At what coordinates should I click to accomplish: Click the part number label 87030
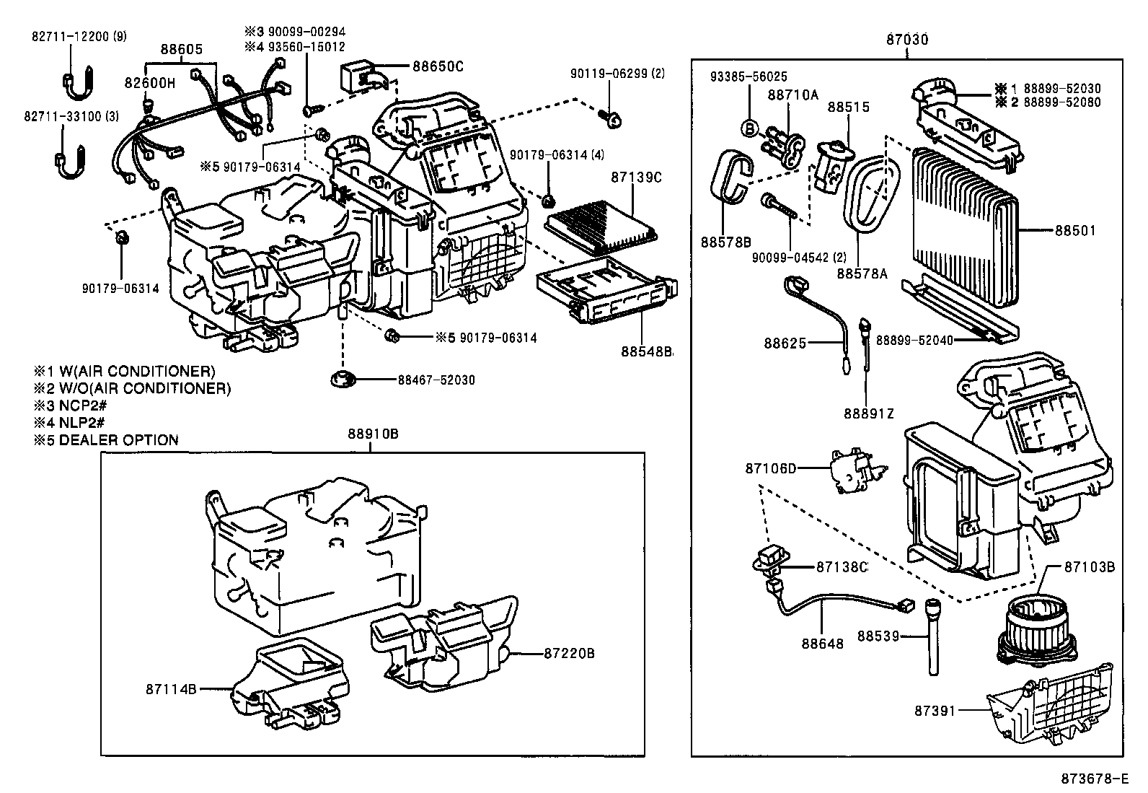907,40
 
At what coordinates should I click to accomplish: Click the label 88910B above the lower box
372,434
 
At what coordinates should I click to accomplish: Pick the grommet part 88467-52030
344,380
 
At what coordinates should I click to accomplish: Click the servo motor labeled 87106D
857,473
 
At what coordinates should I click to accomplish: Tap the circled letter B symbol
749,128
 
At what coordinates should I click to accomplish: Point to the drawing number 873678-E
1093,779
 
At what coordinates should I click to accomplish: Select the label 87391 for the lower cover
935,711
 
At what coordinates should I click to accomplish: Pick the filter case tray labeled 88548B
606,296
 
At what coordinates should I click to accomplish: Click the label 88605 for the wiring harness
181,49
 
